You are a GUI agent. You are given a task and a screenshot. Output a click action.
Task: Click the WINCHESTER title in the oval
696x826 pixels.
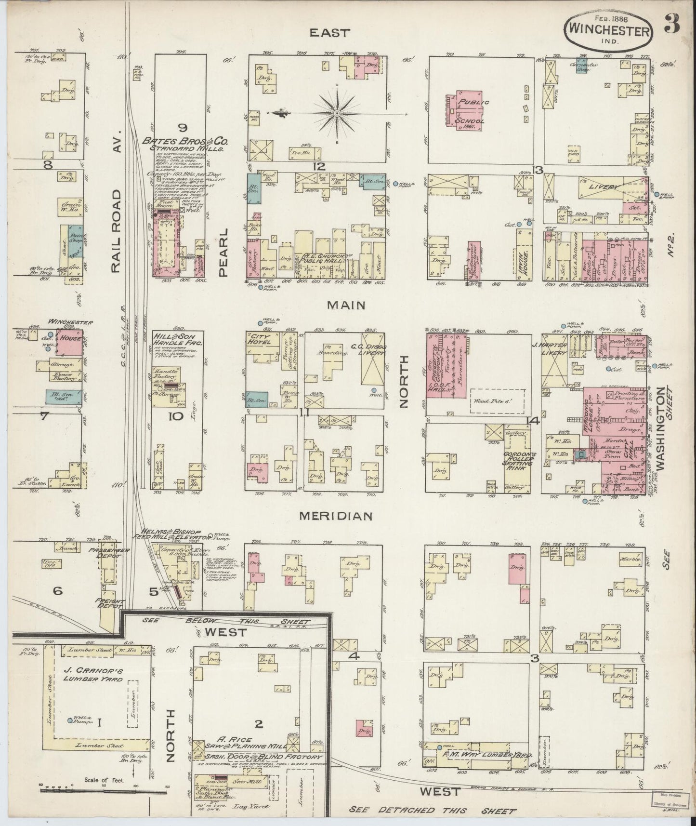(x=609, y=30)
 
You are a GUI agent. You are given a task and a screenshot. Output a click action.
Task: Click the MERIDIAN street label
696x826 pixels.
(x=336, y=516)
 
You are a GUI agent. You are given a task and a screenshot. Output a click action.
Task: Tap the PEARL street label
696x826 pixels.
(x=223, y=252)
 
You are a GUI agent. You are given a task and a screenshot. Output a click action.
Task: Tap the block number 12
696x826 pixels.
(x=319, y=167)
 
